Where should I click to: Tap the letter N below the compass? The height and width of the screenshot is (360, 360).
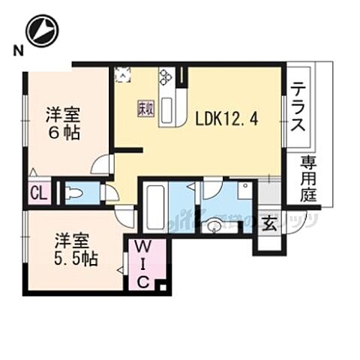(x=16, y=52)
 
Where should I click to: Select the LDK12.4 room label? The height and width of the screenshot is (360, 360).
(x=227, y=118)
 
